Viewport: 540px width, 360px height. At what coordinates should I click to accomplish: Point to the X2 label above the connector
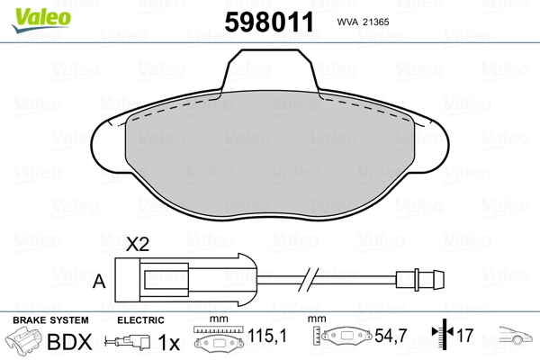pyautogui.click(x=137, y=245)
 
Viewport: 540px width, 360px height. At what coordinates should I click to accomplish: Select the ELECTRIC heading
pyautogui.click(x=141, y=320)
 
